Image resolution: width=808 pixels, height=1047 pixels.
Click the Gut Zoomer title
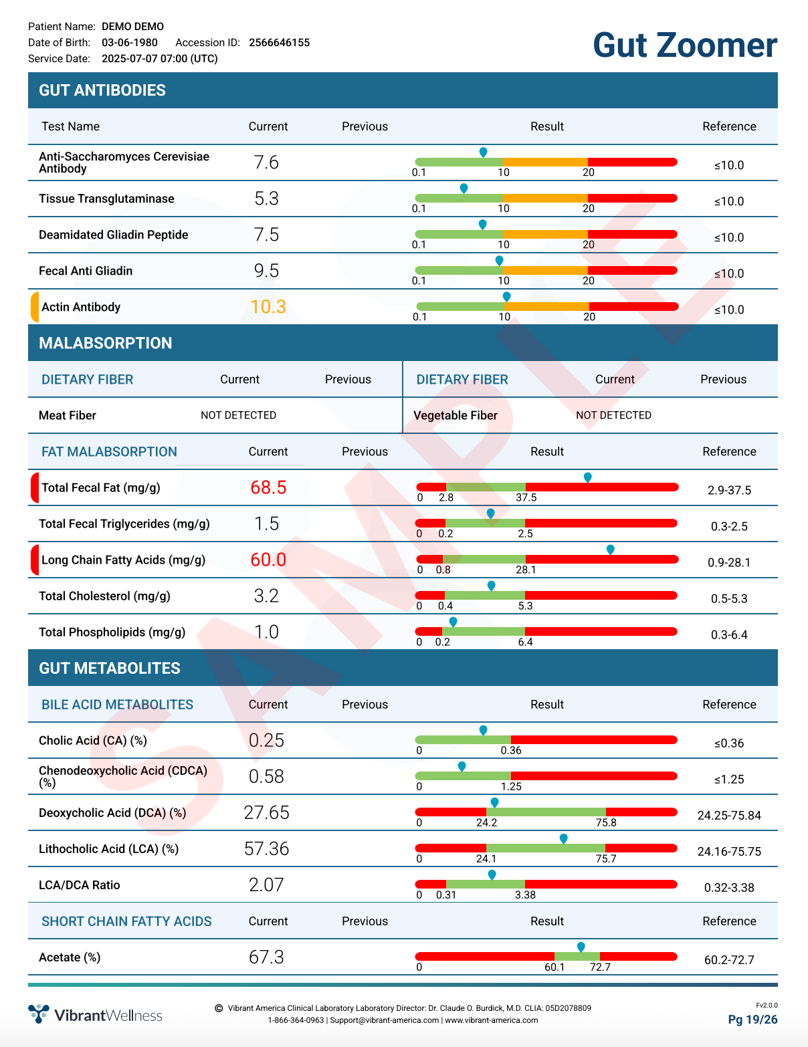point(684,45)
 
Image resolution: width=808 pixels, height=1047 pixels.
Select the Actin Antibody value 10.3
point(268,307)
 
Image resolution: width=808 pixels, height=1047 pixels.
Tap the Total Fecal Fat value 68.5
point(268,487)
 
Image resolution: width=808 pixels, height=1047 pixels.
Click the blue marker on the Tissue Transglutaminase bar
point(464,188)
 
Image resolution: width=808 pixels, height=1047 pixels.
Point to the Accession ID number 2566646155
point(279,43)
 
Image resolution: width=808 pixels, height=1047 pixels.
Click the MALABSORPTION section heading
point(106,343)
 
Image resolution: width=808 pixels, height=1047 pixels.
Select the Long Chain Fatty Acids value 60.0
point(268,560)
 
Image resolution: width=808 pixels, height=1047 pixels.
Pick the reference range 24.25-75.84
point(729,816)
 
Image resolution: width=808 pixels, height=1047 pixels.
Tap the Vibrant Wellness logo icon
point(39,1014)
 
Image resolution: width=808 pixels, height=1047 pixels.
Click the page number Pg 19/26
point(752,1020)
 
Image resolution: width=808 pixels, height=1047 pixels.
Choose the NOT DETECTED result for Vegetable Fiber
point(613,415)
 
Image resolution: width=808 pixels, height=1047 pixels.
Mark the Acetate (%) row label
point(70,957)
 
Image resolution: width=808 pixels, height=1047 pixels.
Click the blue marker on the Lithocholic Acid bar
point(563,838)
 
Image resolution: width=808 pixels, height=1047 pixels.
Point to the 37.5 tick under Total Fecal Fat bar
point(526,497)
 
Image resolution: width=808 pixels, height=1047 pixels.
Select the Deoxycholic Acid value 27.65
point(266,812)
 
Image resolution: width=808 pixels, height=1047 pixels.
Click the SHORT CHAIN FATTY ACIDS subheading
point(126,921)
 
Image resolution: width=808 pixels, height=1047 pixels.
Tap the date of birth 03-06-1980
point(130,43)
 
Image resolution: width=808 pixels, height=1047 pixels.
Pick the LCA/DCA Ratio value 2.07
point(266,885)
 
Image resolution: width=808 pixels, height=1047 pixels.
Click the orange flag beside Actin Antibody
point(35,307)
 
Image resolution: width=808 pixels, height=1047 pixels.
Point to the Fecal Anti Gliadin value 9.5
point(266,271)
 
